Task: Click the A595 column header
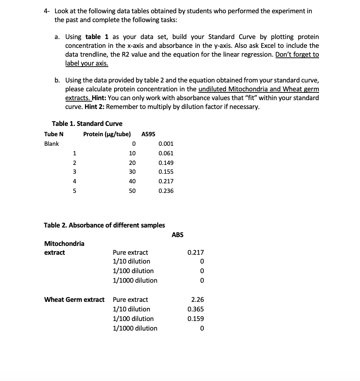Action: [x=148, y=134]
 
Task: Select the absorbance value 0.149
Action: [x=166, y=163]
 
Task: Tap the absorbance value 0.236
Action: [x=166, y=191]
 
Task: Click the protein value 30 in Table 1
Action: [x=132, y=172]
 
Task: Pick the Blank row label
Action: [x=51, y=144]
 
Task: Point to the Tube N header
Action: [x=53, y=134]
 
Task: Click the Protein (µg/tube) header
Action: [x=107, y=134]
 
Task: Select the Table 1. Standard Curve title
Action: [x=87, y=123]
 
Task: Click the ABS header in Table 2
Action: [x=177, y=234]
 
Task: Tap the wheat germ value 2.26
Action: [x=198, y=300]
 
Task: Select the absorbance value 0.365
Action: [x=195, y=309]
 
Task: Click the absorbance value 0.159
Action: [x=195, y=319]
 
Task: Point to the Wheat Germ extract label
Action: [x=74, y=300]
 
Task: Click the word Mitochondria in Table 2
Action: [x=64, y=243]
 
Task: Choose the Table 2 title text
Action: [x=104, y=225]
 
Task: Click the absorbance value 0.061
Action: [x=166, y=153]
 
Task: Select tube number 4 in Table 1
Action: [x=74, y=181]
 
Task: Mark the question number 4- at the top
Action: [x=46, y=11]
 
